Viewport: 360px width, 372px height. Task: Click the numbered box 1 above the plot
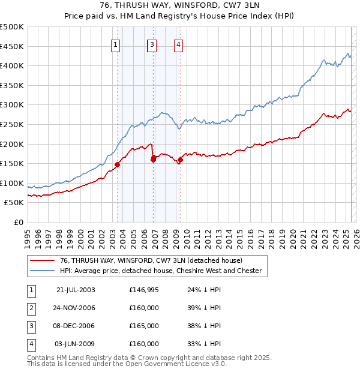tap(115, 44)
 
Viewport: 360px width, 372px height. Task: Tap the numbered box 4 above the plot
tap(179, 44)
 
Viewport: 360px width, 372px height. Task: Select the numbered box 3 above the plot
tap(152, 44)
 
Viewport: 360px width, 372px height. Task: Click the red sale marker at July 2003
tap(118, 164)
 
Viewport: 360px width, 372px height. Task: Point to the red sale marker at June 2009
tap(180, 160)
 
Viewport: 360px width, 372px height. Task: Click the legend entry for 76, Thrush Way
tap(151, 260)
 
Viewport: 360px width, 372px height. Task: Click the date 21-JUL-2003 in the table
tap(76, 290)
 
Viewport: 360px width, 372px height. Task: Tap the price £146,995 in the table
tap(144, 290)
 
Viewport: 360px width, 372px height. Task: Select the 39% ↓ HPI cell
tap(200, 308)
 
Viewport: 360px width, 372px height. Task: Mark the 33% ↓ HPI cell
tap(200, 344)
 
